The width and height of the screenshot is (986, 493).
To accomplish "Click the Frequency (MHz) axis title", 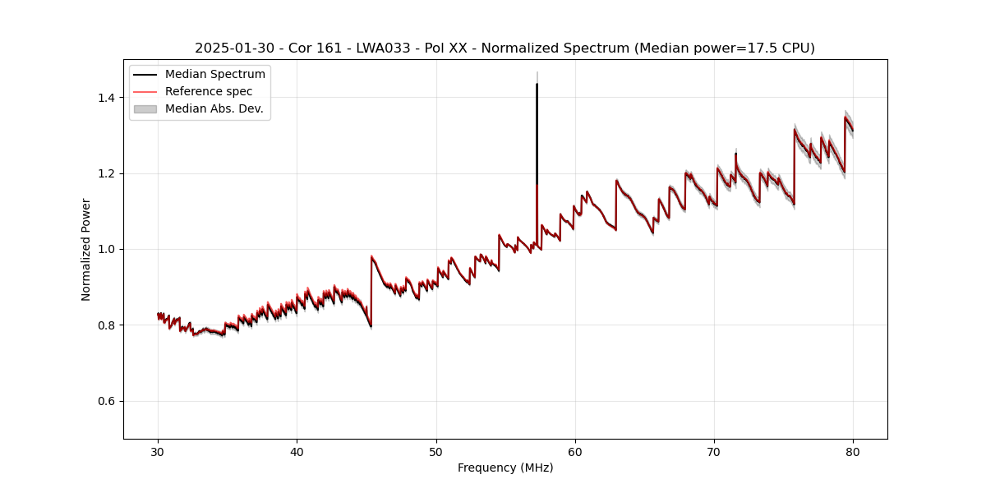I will click(505, 468).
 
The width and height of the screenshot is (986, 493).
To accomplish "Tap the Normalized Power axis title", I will click(86, 249).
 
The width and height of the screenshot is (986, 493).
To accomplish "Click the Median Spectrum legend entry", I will click(215, 75).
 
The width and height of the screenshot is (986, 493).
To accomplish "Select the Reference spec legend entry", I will click(209, 91).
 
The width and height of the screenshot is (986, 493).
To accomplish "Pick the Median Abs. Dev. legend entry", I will click(214, 108).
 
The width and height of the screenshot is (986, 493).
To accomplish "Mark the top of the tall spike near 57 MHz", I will click(537, 84).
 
